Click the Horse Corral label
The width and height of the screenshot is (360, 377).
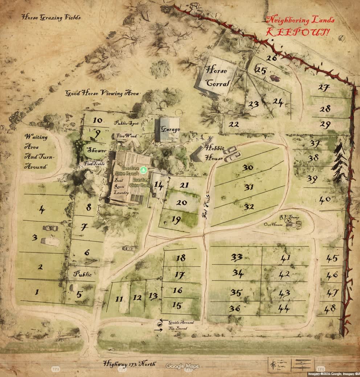click(x=217, y=76)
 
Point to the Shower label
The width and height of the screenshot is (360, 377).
click(x=97, y=150)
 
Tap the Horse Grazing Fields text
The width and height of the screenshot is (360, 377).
click(x=51, y=17)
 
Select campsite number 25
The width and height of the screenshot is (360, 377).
click(x=261, y=70)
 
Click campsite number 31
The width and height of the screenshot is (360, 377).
click(x=249, y=187)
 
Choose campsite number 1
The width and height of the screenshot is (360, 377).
click(x=37, y=291)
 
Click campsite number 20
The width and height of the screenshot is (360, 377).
click(x=181, y=203)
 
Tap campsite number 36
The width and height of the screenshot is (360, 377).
click(x=235, y=308)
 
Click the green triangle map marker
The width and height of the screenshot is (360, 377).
click(x=144, y=169)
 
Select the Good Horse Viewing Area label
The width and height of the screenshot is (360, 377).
click(x=102, y=94)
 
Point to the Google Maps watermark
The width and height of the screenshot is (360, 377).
click(x=183, y=366)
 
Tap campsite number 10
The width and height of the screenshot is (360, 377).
click(x=97, y=120)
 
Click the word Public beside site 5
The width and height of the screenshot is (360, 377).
click(x=82, y=274)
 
